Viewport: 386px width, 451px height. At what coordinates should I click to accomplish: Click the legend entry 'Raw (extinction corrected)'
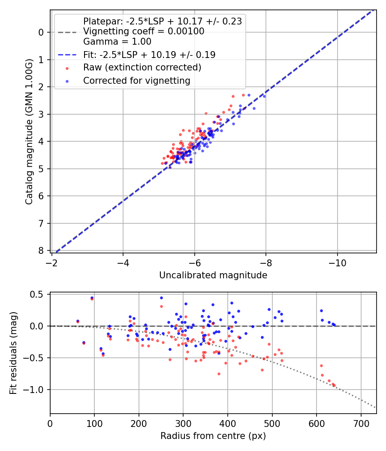[142, 67]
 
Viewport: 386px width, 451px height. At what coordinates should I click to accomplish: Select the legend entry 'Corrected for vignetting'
[137, 80]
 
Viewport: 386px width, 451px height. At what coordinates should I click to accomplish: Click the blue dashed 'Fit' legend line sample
[67, 55]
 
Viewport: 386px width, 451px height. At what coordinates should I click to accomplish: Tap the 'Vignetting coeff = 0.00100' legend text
[144, 31]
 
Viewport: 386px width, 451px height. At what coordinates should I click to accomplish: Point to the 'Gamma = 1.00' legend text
[117, 42]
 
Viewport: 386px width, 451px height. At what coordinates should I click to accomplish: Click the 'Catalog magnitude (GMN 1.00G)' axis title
[29, 130]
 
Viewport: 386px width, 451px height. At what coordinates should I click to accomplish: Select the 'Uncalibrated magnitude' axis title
[213, 275]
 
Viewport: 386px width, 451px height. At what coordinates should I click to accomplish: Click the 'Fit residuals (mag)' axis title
[13, 353]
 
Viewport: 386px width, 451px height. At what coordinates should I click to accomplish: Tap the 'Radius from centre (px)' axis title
[213, 436]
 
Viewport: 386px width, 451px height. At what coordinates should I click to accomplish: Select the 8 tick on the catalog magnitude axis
[41, 250]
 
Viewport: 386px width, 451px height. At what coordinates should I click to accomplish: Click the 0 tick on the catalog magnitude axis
[41, 32]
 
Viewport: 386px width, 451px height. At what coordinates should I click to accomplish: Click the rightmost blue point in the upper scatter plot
[264, 96]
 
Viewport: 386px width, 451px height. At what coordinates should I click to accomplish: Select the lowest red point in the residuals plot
[334, 385]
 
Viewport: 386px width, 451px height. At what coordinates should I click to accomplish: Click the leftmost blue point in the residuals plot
[78, 321]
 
